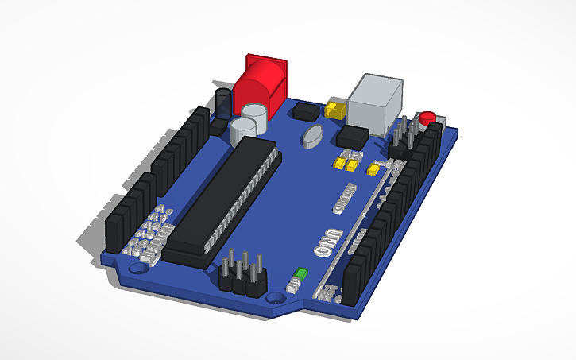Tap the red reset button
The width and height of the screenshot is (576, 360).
(x=428, y=118)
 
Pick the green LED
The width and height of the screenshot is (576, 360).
(x=300, y=275)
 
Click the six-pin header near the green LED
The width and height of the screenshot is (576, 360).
(x=242, y=273)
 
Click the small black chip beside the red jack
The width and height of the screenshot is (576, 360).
(x=303, y=111)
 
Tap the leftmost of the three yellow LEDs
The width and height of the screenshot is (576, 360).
(x=340, y=165)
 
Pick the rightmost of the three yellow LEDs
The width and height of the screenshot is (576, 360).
(x=373, y=168)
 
